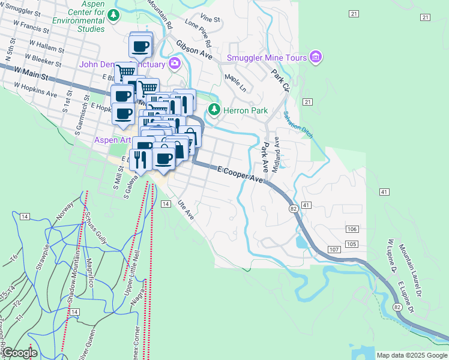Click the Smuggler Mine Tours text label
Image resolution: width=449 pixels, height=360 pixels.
click(x=267, y=58)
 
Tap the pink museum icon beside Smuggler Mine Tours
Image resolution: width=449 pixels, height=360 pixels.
click(x=316, y=58)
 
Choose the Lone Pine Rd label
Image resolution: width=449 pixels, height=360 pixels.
click(x=200, y=33)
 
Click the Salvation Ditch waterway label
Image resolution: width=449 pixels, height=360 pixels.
click(x=298, y=124)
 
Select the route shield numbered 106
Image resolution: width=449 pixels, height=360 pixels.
click(x=352, y=230)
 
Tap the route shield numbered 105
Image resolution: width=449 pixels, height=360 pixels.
click(x=352, y=244)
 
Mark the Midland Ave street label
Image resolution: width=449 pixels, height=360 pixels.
click(x=277, y=154)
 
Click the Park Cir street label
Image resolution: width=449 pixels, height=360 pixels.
click(x=280, y=80)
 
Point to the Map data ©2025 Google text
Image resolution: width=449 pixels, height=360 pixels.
click(x=412, y=355)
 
